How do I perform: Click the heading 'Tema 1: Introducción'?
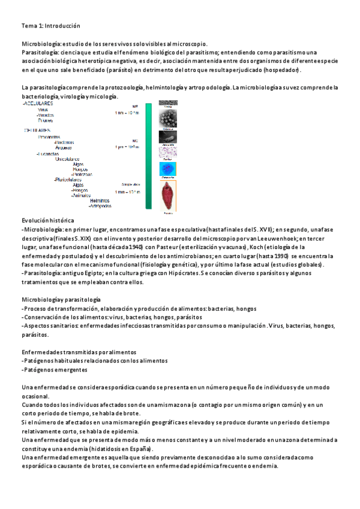(50, 26)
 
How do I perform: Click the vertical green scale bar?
(148, 156)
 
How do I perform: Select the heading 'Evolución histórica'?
(47, 221)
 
